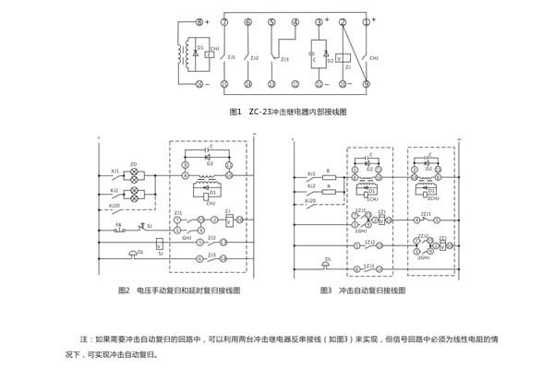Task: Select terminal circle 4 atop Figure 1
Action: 295,21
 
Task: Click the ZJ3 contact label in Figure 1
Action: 284,58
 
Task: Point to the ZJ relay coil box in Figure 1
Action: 346,54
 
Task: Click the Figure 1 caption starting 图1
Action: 286,112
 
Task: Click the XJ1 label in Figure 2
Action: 115,170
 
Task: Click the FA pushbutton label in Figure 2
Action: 118,224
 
